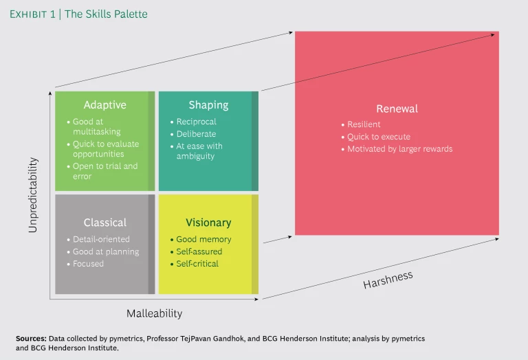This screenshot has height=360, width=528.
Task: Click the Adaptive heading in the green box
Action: click(104, 105)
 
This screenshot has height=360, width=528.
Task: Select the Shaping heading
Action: click(208, 105)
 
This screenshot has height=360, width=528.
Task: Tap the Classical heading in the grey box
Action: click(104, 223)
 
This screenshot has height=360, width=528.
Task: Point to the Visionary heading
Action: click(208, 223)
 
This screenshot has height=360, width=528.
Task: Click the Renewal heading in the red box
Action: click(397, 109)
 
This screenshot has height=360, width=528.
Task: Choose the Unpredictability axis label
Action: click(33, 195)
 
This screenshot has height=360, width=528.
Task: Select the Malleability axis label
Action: click(154, 313)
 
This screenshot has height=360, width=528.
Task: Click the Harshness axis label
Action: click(388, 280)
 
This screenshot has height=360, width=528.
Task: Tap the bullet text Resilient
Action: click(364, 124)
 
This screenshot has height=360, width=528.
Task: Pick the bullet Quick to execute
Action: click(378, 137)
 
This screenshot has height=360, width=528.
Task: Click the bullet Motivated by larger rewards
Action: click(399, 149)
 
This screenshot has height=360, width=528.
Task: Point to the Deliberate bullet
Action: click(196, 134)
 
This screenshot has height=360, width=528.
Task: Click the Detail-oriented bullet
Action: click(101, 239)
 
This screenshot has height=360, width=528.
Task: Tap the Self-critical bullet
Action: click(197, 264)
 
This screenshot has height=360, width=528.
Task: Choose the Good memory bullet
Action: click(203, 239)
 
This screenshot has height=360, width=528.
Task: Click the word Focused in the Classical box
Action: click(88, 264)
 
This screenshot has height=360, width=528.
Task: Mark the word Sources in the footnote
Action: click(32, 339)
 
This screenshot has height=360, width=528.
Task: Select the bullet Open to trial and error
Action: click(104, 171)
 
